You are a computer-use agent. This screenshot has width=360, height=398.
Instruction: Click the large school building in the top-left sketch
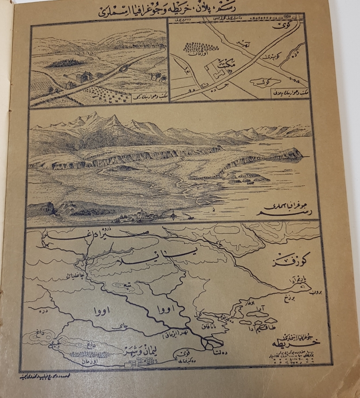(83, 77)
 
